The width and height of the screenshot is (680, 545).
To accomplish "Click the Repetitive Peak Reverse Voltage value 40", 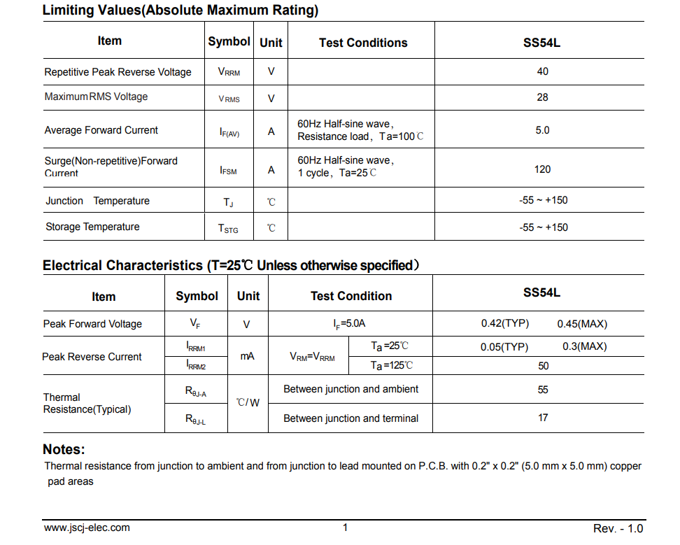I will pyautogui.click(x=542, y=71).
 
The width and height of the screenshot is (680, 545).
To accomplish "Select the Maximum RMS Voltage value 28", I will pyautogui.click(x=542, y=97).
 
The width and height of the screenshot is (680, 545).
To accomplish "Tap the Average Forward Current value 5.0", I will pyautogui.click(x=542, y=130).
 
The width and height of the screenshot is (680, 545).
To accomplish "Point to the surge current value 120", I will pyautogui.click(x=542, y=169).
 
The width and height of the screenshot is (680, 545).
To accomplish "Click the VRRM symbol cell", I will pyautogui.click(x=229, y=72).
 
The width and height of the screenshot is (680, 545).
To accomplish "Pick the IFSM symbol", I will pyautogui.click(x=228, y=170).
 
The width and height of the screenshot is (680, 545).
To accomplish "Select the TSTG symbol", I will pyautogui.click(x=228, y=228).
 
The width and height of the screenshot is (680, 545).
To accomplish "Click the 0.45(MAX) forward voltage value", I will pyautogui.click(x=582, y=324).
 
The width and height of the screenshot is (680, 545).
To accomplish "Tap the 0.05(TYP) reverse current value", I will pyautogui.click(x=504, y=347).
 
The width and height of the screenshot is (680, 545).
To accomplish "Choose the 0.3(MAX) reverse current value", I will pyautogui.click(x=585, y=346).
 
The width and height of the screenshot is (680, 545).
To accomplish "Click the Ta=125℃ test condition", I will pyautogui.click(x=392, y=365).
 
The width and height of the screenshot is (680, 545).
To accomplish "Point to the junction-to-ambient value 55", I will pyautogui.click(x=543, y=390).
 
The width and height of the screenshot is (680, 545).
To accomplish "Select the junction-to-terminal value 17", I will pyautogui.click(x=543, y=418).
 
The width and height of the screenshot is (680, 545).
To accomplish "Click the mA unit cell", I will pyautogui.click(x=248, y=356).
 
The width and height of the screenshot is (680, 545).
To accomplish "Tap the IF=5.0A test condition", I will pyautogui.click(x=349, y=324).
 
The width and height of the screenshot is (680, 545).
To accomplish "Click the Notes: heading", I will pyautogui.click(x=64, y=449).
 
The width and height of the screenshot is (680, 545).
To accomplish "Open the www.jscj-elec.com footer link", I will pyautogui.click(x=87, y=528).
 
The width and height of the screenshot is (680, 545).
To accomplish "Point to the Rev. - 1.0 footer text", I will pyautogui.click(x=618, y=528).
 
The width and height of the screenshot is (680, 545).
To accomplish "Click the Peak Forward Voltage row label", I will pyautogui.click(x=92, y=324).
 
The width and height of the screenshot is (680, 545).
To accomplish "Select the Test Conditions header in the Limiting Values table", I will pyautogui.click(x=363, y=43).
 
